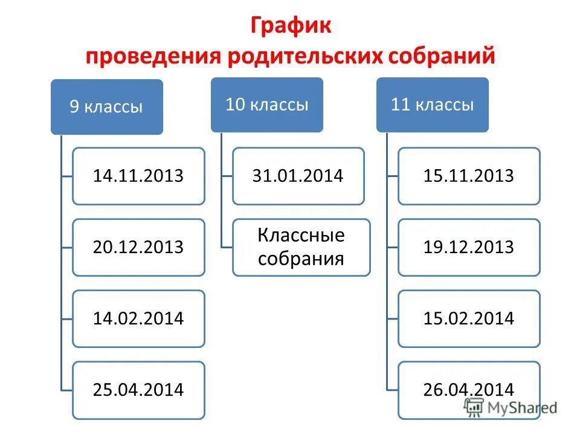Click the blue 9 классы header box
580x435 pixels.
106,107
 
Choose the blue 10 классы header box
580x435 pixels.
266,105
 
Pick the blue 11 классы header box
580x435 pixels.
432,105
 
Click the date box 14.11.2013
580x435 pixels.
138,176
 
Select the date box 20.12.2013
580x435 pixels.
138,247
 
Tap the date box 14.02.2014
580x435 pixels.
138,318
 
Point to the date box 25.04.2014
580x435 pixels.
138,390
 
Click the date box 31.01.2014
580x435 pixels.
298,176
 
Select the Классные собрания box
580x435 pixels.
301,247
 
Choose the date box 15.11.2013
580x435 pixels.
469,176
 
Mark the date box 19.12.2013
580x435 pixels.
469,247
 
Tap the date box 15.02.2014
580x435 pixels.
469,318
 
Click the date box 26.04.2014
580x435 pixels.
469,390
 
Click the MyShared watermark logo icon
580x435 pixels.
474,407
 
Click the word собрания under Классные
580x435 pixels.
301,259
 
